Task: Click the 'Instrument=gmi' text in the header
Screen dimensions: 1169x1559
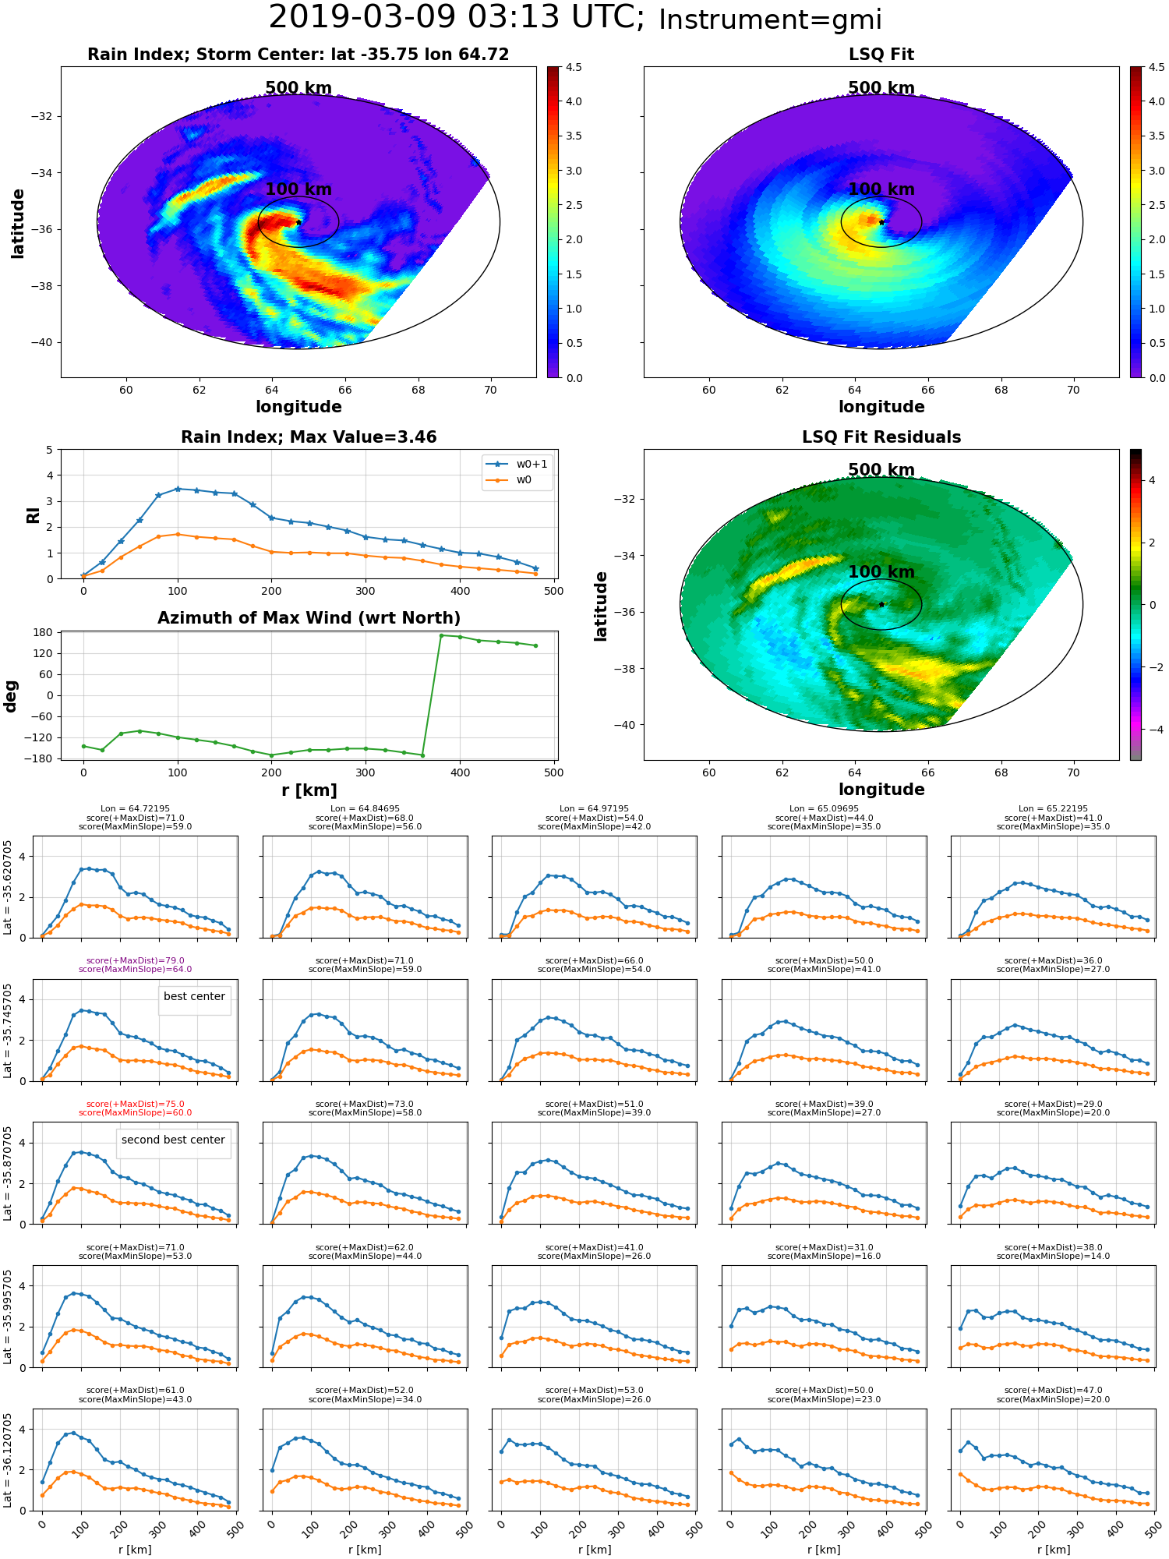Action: click(x=770, y=20)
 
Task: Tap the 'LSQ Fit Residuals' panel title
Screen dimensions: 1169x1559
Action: click(x=881, y=437)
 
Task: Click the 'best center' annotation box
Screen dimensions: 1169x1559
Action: click(x=194, y=997)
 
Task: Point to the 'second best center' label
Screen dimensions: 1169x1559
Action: click(x=173, y=1140)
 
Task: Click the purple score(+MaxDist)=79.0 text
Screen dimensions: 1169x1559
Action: click(x=136, y=961)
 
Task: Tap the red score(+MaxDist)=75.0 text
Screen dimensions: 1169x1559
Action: click(x=136, y=1105)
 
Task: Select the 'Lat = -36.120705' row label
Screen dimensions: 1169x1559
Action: click(x=8, y=1460)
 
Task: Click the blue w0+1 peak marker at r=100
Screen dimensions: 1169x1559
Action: click(x=178, y=489)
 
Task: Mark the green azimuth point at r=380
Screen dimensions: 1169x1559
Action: click(x=441, y=635)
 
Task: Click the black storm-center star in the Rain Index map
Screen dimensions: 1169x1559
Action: click(x=298, y=222)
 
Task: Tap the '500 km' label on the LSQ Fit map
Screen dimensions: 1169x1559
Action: click(x=881, y=88)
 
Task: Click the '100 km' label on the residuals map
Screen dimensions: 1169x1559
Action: click(x=881, y=572)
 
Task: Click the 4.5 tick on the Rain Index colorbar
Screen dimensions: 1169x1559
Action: click(x=574, y=68)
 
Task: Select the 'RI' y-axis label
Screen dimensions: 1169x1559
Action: click(x=34, y=515)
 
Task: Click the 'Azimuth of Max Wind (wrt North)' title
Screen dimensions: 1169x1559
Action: click(x=309, y=618)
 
